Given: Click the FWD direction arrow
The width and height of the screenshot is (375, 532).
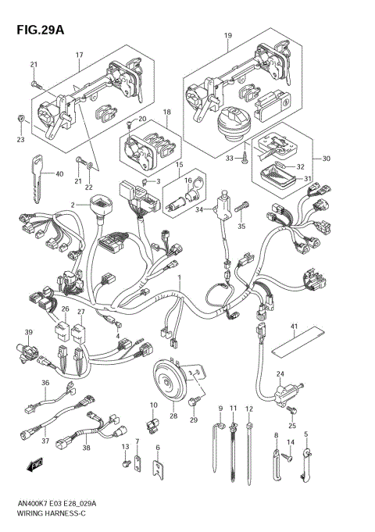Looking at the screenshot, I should (34, 467).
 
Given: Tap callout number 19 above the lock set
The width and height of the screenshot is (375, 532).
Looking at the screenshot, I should (227, 36).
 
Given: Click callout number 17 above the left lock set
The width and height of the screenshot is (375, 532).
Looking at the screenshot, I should (79, 54).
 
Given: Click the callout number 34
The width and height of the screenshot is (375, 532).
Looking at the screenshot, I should (198, 209).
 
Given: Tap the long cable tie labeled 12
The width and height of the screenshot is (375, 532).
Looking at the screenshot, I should (249, 445).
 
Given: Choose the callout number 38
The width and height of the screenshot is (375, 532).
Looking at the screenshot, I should (86, 448).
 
